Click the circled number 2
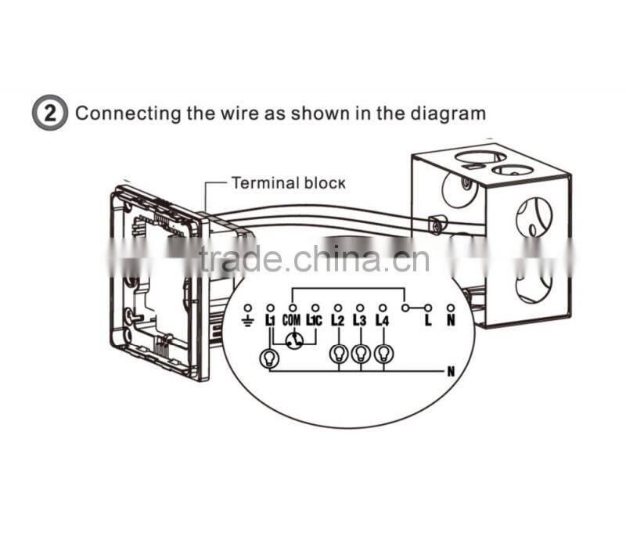click(50, 113)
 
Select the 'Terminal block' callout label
click(287, 183)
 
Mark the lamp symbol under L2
click(338, 354)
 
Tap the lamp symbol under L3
click(360, 354)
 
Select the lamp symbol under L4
click(383, 354)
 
